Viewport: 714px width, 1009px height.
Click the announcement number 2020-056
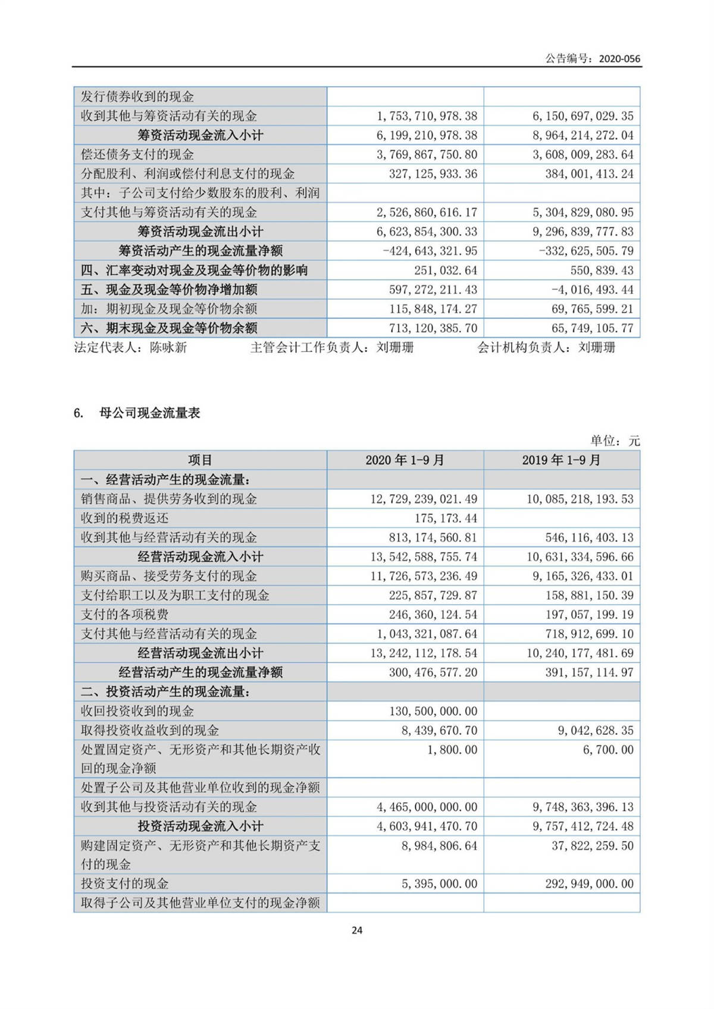[619, 58]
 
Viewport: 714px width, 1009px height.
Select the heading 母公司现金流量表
[149, 413]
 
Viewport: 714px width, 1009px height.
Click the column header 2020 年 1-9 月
[405, 460]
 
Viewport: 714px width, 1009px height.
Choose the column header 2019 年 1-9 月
[561, 460]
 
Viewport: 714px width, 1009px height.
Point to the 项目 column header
[200, 460]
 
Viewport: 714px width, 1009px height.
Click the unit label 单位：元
[615, 441]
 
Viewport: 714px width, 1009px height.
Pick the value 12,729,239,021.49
[424, 499]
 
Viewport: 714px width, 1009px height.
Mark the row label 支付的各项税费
[124, 615]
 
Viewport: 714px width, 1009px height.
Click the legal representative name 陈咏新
[168, 347]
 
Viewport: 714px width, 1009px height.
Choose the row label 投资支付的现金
[124, 884]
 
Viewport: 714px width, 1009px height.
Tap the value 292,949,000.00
[589, 884]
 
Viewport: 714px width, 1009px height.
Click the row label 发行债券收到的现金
[137, 97]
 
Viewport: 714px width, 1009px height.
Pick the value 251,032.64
[446, 271]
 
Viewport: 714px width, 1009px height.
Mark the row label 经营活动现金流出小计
[200, 653]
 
